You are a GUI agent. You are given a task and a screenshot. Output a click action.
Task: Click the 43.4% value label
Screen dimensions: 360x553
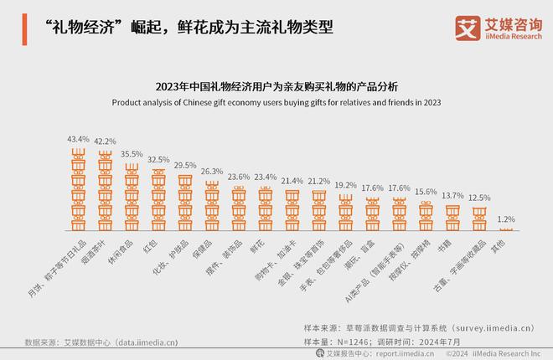pyautogui.click(x=77, y=138)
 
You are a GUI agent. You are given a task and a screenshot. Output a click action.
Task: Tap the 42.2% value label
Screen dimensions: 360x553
pyautogui.click(x=104, y=141)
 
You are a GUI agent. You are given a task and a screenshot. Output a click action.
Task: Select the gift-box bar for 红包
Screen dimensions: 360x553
pyautogui.click(x=158, y=200)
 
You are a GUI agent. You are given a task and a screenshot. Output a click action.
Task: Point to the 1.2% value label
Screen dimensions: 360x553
pyautogui.click(x=506, y=219)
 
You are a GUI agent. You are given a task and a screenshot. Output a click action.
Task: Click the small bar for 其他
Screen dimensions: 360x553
pyautogui.click(x=506, y=229)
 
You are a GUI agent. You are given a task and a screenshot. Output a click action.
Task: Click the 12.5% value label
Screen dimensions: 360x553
pyautogui.click(x=479, y=198)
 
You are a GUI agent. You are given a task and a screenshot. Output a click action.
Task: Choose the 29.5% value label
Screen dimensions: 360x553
pyautogui.click(x=184, y=165)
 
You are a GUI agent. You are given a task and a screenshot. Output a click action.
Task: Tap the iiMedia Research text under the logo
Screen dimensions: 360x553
pyautogui.click(x=512, y=36)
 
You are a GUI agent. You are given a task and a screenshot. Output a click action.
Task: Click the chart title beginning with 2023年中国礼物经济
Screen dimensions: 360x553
pyautogui.click(x=276, y=87)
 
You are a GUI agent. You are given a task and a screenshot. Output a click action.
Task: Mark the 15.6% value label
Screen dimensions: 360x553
pyautogui.click(x=426, y=192)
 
